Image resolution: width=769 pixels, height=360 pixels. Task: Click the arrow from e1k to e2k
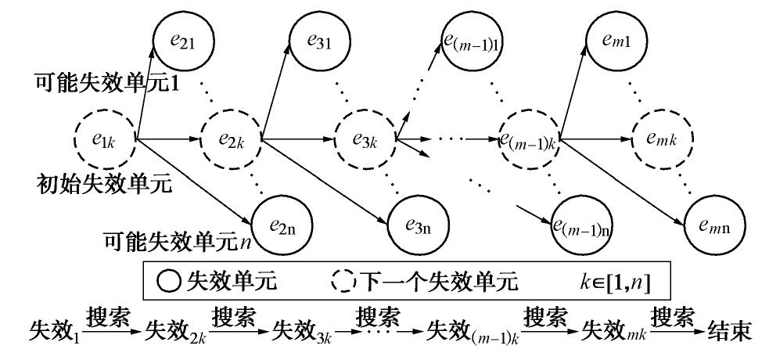click(167, 140)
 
